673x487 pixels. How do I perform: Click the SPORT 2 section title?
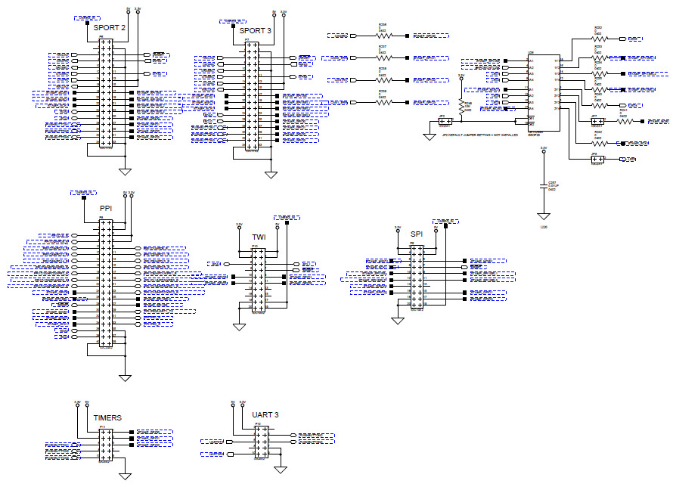click(x=110, y=27)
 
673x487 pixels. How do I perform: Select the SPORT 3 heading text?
click(x=255, y=30)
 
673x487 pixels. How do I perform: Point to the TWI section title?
click(x=259, y=237)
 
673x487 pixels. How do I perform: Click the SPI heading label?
click(x=417, y=234)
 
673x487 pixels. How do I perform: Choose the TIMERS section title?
click(x=107, y=417)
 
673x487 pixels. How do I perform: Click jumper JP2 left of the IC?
click(x=445, y=121)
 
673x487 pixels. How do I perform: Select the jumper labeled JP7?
click(x=597, y=120)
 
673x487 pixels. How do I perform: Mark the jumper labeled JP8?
click(x=596, y=159)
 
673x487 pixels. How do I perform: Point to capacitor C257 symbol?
click(x=542, y=185)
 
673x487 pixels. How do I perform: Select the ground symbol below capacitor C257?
click(x=542, y=216)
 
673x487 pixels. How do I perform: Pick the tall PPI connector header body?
click(x=106, y=284)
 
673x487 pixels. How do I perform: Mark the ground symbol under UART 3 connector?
click(x=281, y=469)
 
